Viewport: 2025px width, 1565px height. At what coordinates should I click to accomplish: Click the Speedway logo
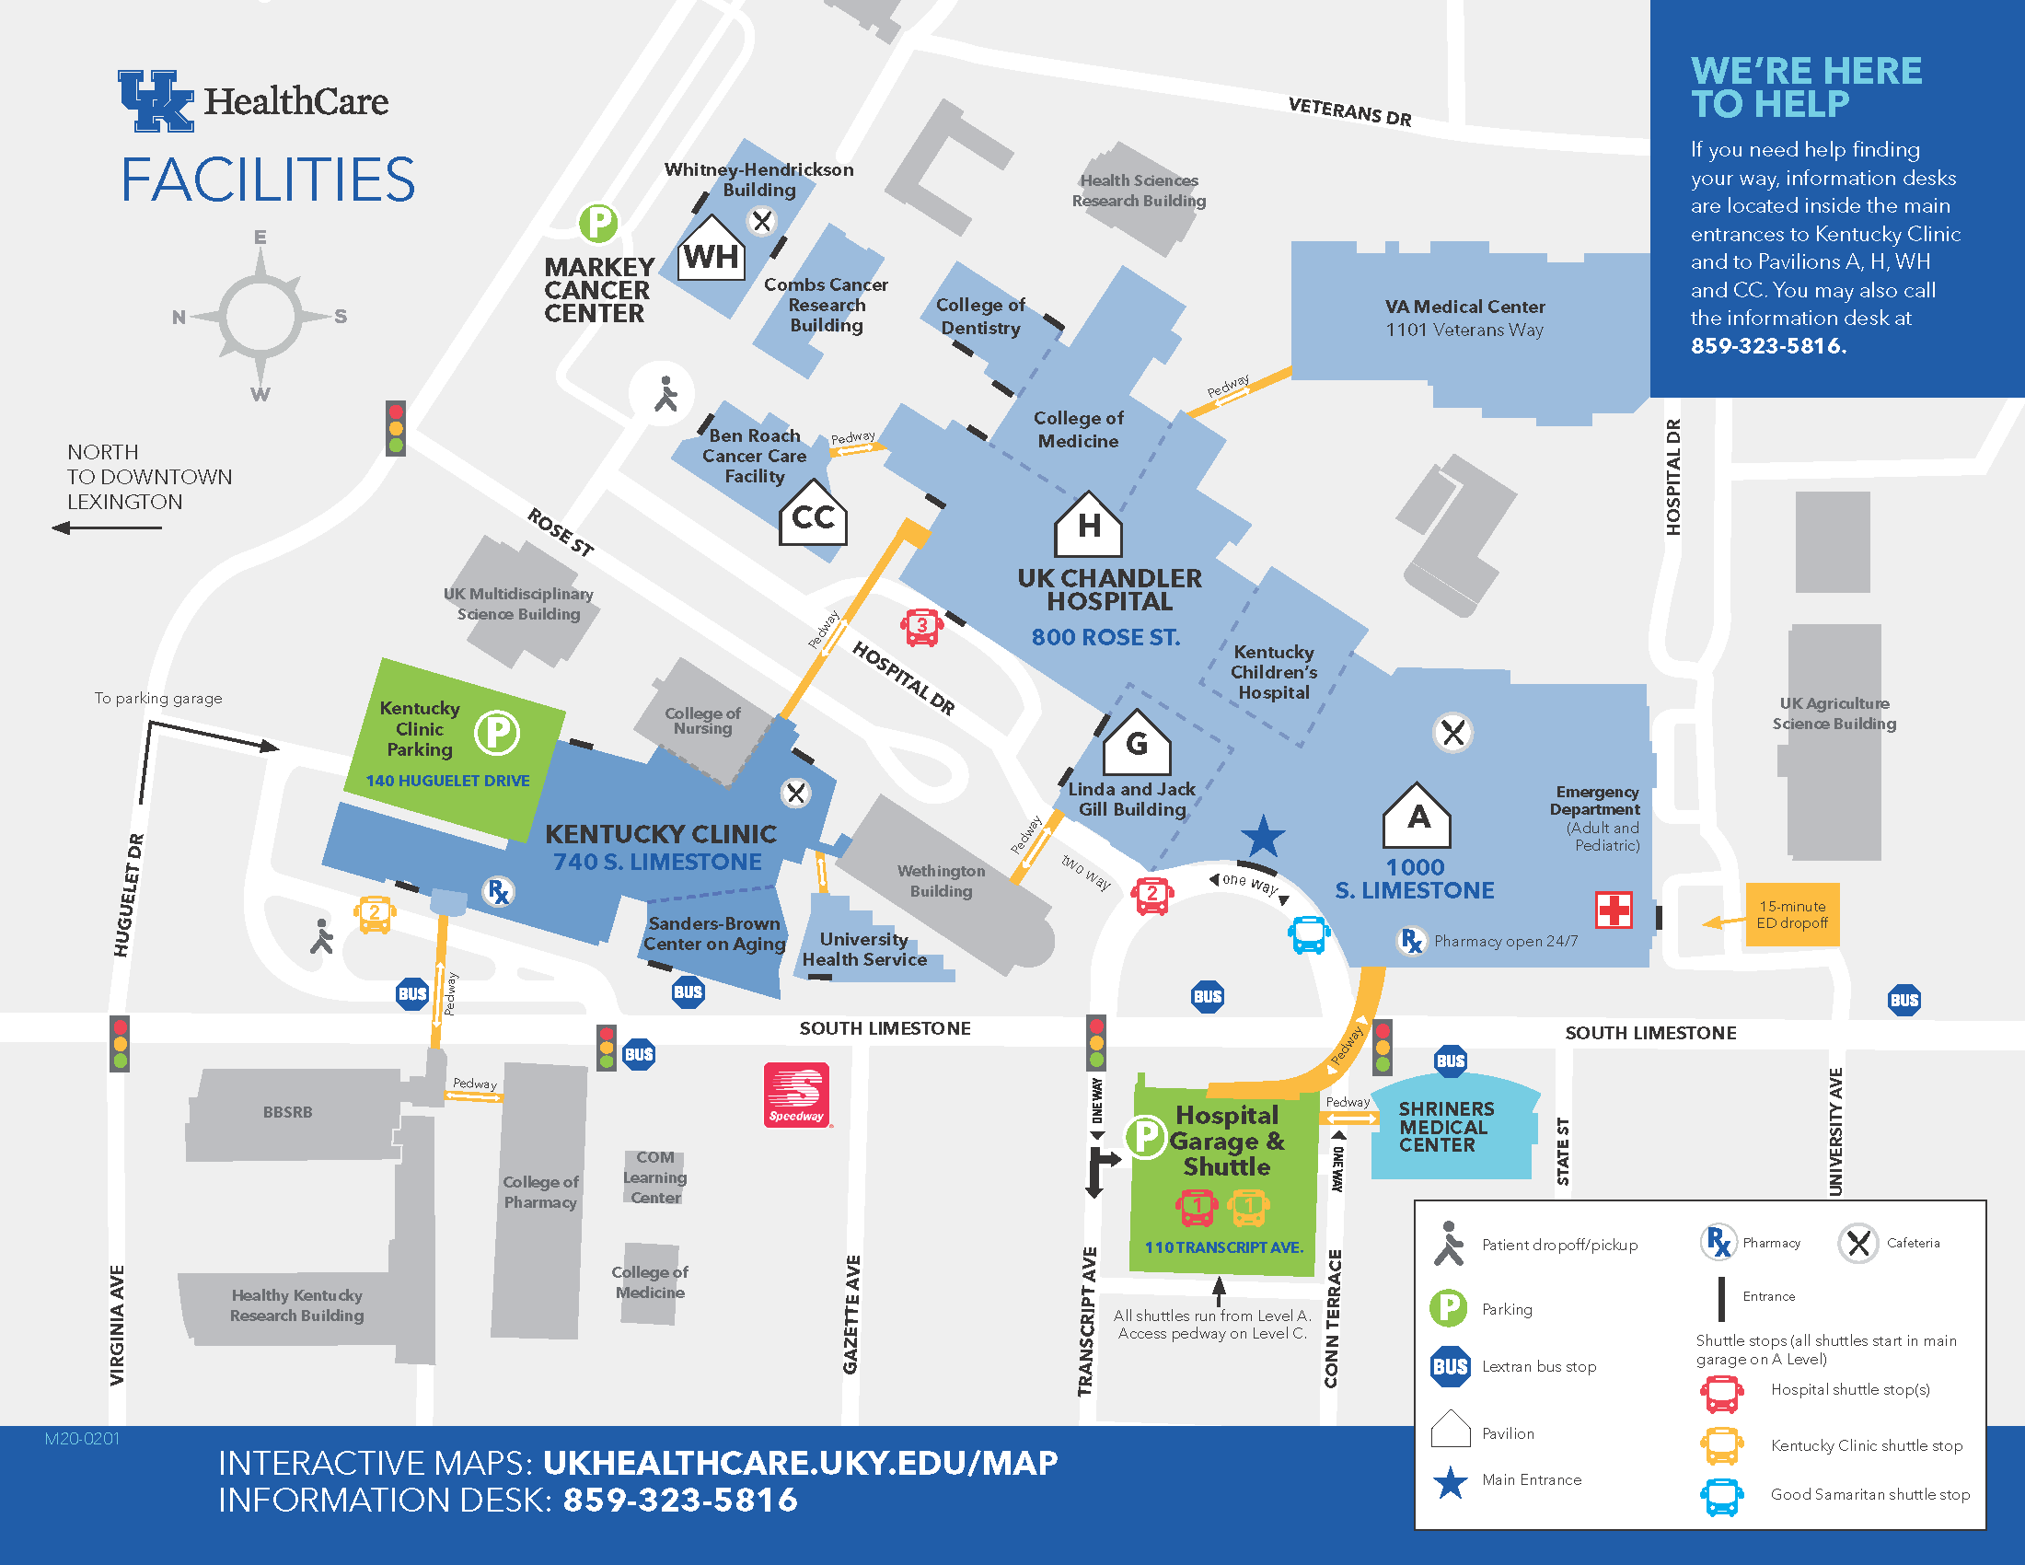(796, 1095)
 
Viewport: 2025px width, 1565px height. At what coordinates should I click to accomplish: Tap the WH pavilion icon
(712, 250)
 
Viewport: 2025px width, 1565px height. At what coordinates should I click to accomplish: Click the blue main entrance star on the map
(1263, 837)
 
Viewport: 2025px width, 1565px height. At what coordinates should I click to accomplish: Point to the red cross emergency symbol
(1614, 910)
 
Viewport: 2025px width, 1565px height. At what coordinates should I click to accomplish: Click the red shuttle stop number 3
(921, 628)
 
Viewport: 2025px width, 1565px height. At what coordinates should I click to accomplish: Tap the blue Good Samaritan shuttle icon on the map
(1309, 934)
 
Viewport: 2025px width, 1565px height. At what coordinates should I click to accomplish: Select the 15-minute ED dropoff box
(1791, 915)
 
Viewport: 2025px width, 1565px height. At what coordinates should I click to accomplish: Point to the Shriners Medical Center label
(1445, 1127)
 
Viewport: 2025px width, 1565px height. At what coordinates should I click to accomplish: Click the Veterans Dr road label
(1349, 112)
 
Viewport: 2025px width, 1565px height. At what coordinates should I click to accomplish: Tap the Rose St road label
(560, 532)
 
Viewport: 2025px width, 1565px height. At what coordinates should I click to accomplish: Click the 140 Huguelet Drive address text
(448, 781)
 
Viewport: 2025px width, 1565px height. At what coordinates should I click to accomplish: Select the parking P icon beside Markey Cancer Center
(598, 224)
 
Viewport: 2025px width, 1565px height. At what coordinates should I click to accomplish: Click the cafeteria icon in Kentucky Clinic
(795, 794)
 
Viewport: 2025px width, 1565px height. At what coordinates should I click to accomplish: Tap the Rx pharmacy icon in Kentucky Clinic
(499, 892)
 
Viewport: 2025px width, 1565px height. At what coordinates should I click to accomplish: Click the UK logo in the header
(156, 101)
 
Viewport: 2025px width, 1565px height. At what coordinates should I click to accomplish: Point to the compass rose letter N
(179, 317)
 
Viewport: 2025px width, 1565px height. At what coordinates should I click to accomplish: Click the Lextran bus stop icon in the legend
(1450, 1366)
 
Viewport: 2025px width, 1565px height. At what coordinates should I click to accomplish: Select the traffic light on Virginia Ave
(120, 1044)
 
